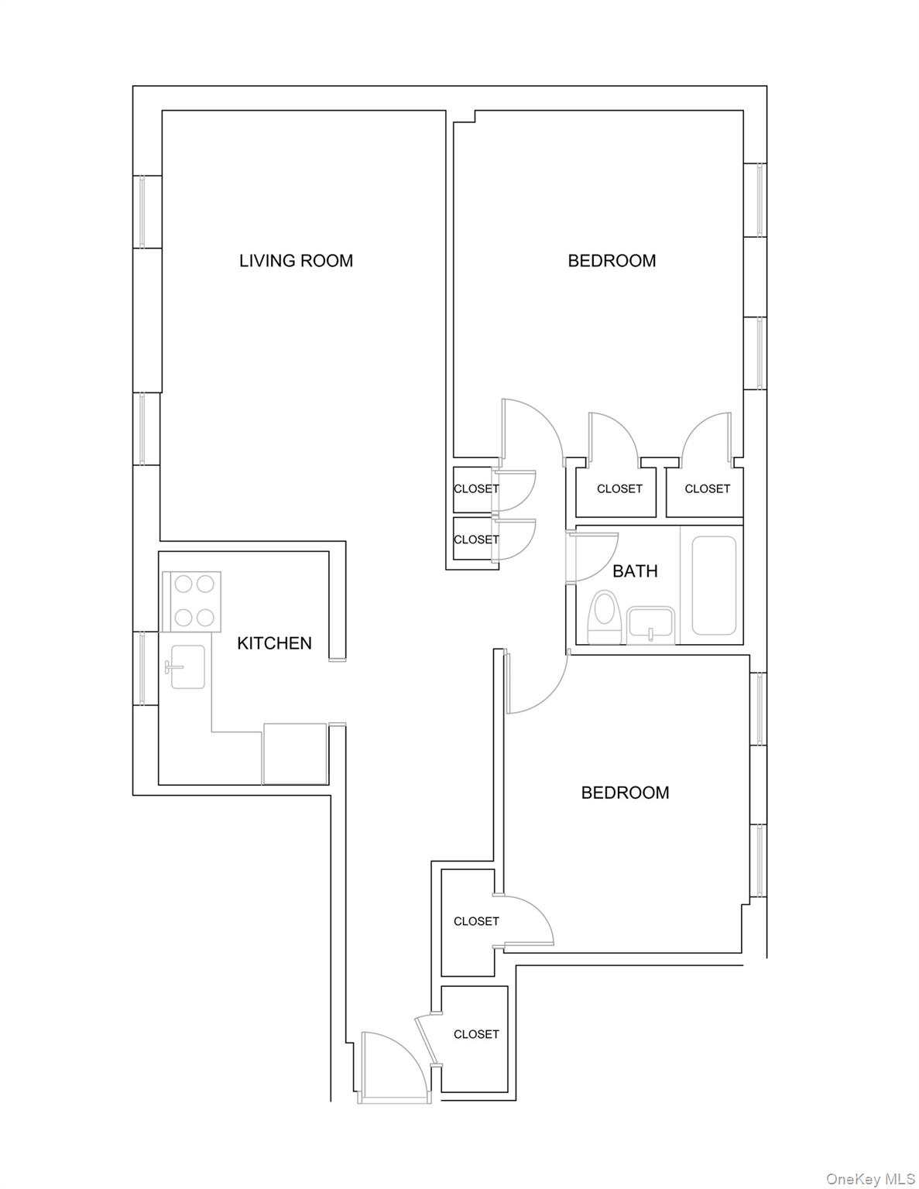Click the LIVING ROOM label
296,261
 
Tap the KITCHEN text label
274,643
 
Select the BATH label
635,571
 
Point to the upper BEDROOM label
612,261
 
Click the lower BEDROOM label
625,793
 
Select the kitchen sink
186,666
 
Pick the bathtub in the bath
713,585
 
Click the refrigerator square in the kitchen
295,754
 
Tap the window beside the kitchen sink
142,668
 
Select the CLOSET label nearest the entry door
476,1034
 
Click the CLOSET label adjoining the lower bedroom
476,921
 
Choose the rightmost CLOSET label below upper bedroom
707,489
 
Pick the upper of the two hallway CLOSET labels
475,489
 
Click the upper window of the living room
142,211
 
